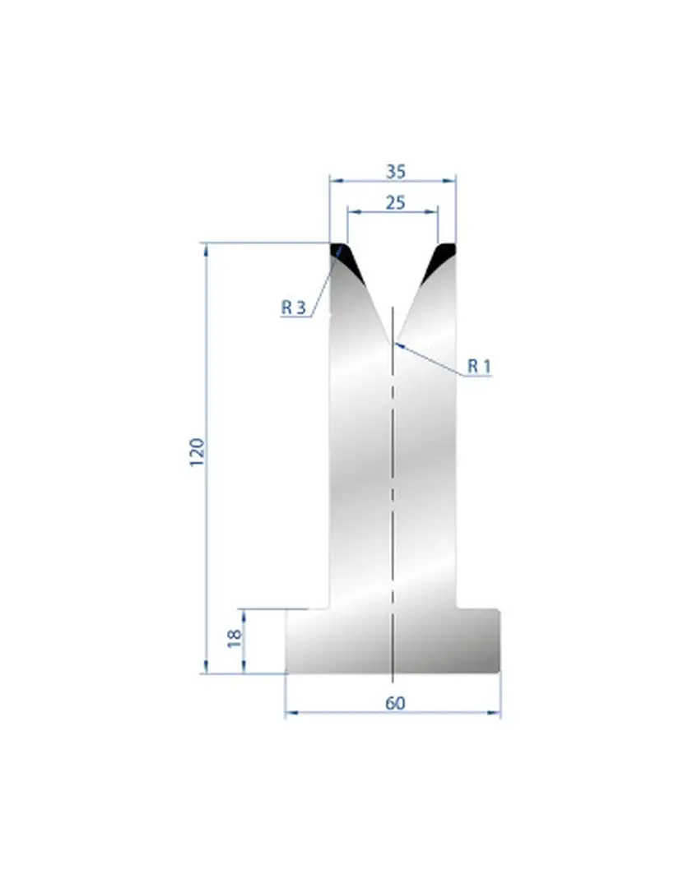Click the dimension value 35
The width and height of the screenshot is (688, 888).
pos(396,170)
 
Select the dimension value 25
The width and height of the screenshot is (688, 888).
pos(395,201)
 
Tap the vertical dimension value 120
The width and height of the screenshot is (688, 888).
pos(196,451)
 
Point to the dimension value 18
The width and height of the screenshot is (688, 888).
pos(234,639)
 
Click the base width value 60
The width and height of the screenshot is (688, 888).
pos(395,703)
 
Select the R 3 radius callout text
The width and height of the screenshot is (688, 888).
pos(294,308)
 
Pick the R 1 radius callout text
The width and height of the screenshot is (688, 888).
pos(479,367)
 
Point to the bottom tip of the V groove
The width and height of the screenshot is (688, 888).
pos(393,341)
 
